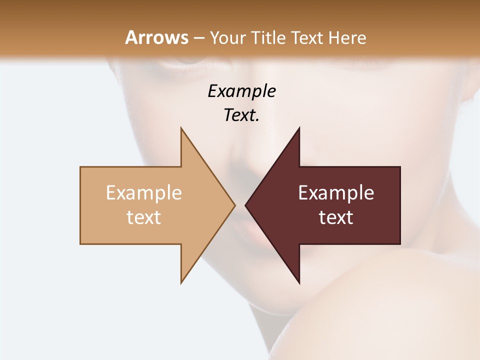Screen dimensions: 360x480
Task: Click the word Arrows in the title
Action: [x=156, y=37]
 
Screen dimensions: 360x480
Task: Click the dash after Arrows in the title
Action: [x=198, y=38]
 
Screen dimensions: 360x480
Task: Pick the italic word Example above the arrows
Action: [x=241, y=91]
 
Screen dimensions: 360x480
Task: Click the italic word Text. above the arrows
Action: [x=241, y=115]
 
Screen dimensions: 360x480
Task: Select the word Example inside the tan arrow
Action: [x=144, y=193]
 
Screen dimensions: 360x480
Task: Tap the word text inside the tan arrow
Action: [x=144, y=217]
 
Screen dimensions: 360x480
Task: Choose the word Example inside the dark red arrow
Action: [x=336, y=193]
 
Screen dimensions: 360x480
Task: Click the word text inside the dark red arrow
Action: [x=336, y=217]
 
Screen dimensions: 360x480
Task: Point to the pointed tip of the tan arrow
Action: [x=234, y=205]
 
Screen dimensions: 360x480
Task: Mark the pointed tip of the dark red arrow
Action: [x=245, y=205]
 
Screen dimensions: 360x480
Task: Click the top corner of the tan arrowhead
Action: [x=181, y=128]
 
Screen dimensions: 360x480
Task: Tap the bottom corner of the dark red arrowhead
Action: [x=299, y=283]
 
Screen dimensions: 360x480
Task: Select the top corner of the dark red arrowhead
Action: [x=299, y=128]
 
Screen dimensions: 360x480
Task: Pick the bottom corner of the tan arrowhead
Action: [x=181, y=283]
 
